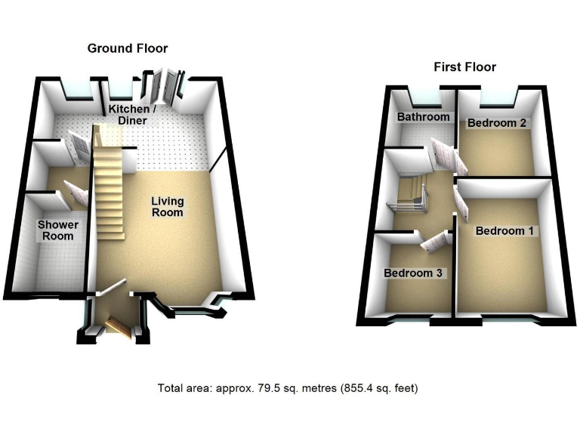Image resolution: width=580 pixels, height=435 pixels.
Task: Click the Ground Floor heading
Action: pos(128,48)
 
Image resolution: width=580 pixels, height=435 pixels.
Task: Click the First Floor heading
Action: pos(464,67)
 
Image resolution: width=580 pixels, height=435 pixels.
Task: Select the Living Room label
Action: pos(167,207)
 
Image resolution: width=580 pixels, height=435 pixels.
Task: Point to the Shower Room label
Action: pos(58,230)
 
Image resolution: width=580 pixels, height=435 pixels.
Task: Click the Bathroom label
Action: pos(424,117)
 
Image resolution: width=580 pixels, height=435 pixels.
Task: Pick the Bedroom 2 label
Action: pos(496,122)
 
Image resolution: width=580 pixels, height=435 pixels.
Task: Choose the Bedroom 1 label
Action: pos(504,231)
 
